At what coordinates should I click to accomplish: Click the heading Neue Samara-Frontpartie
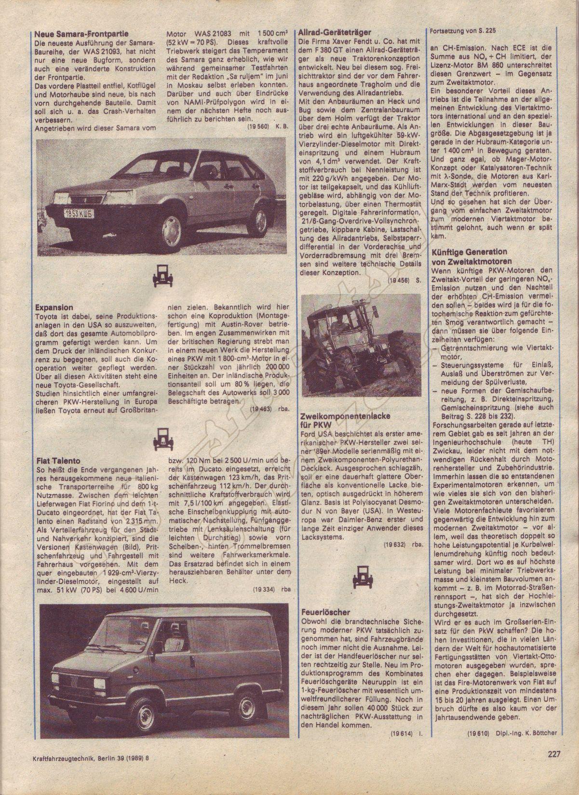81,34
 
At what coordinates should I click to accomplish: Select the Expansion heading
54,307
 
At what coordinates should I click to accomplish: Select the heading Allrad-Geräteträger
335,32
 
